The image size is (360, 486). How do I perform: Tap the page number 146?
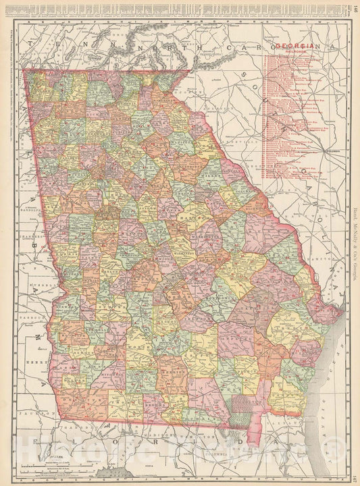355,9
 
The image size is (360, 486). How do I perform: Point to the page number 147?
355,477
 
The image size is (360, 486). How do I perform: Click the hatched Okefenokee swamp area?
242,408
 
